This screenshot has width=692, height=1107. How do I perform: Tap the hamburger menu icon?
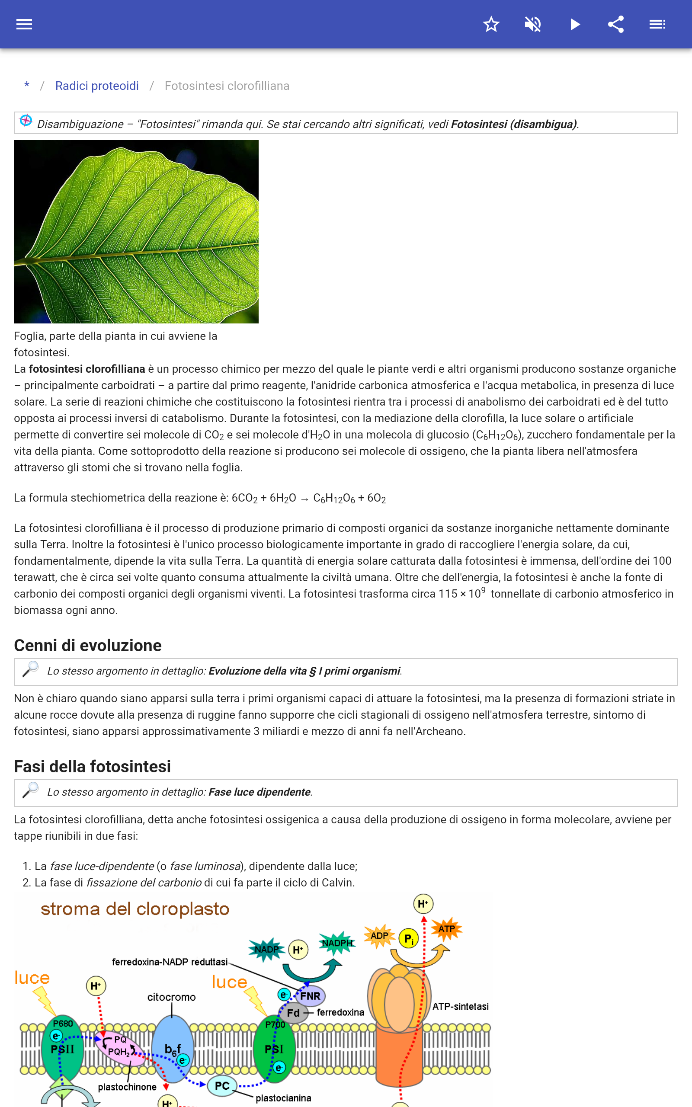click(24, 24)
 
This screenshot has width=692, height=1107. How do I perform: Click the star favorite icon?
click(491, 24)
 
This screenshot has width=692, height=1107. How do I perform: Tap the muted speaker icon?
click(533, 24)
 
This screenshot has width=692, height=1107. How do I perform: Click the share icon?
click(616, 24)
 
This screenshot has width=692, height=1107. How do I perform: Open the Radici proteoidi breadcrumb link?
click(96, 86)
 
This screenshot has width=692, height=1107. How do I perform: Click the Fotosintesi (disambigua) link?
click(513, 125)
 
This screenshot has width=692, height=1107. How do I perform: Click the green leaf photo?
click(136, 231)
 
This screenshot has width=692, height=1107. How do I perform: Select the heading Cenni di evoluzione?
click(88, 646)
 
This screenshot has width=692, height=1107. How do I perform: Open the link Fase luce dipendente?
click(259, 792)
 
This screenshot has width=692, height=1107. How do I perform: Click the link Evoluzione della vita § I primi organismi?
click(304, 671)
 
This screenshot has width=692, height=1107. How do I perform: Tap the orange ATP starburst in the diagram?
click(446, 928)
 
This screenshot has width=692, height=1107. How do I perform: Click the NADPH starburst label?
click(337, 943)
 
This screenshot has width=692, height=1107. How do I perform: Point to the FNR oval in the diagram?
click(310, 996)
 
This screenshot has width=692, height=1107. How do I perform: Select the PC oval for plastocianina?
click(222, 1085)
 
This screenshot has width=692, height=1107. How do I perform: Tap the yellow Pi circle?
click(409, 939)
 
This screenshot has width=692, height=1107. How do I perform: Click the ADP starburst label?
click(379, 935)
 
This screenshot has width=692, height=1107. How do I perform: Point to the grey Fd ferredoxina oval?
click(293, 1013)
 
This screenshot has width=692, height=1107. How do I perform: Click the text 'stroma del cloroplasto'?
click(135, 909)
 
